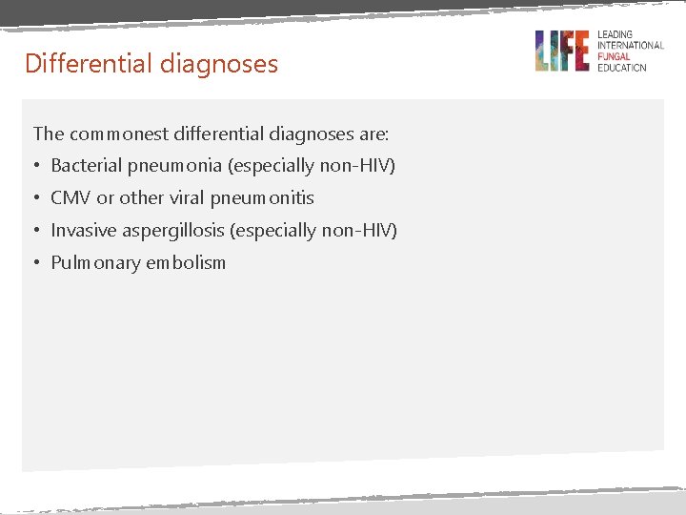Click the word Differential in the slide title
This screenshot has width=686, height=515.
point(76,64)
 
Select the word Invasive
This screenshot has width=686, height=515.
point(84,231)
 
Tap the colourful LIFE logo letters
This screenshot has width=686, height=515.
point(561,51)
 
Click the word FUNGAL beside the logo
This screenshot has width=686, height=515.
point(615,56)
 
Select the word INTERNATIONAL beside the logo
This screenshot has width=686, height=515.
point(630,46)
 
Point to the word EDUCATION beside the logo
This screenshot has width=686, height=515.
point(621,68)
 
